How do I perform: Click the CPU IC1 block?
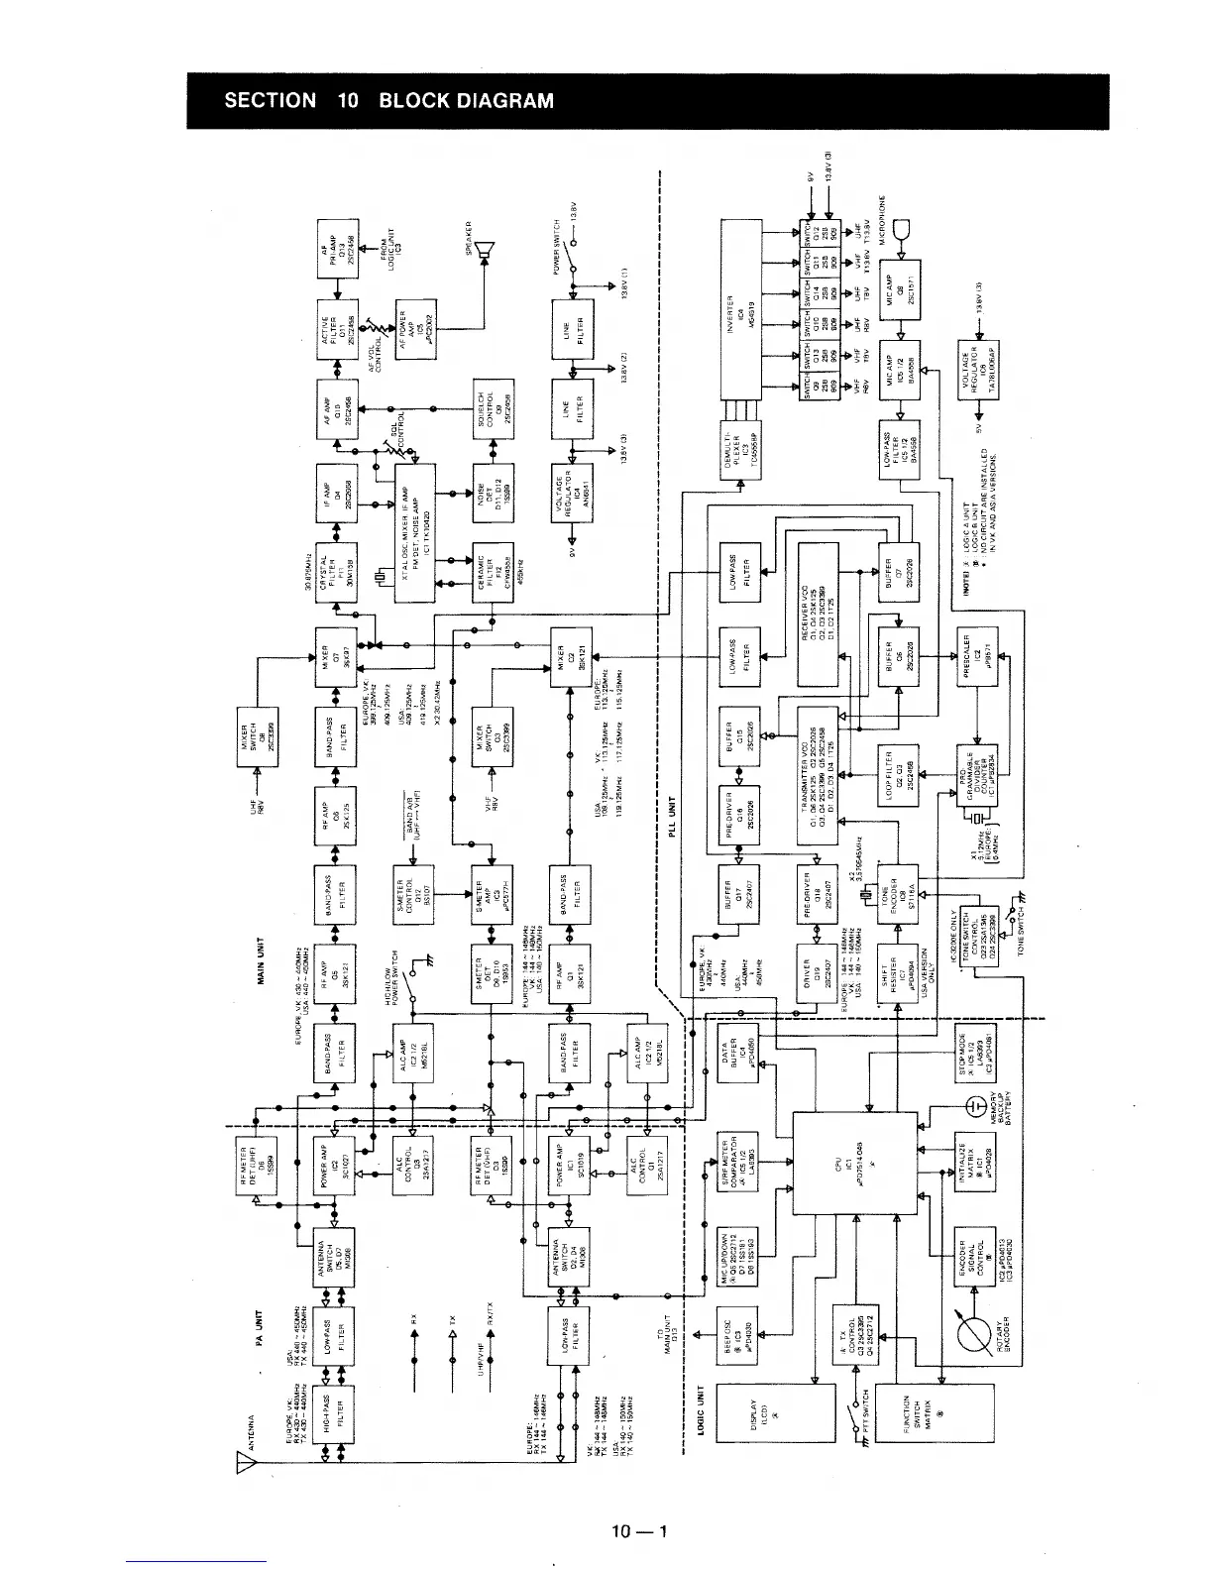[x=853, y=1162]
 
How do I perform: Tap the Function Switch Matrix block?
[x=941, y=1424]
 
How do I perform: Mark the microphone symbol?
[x=900, y=233]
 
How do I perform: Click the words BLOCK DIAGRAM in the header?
[x=466, y=101]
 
